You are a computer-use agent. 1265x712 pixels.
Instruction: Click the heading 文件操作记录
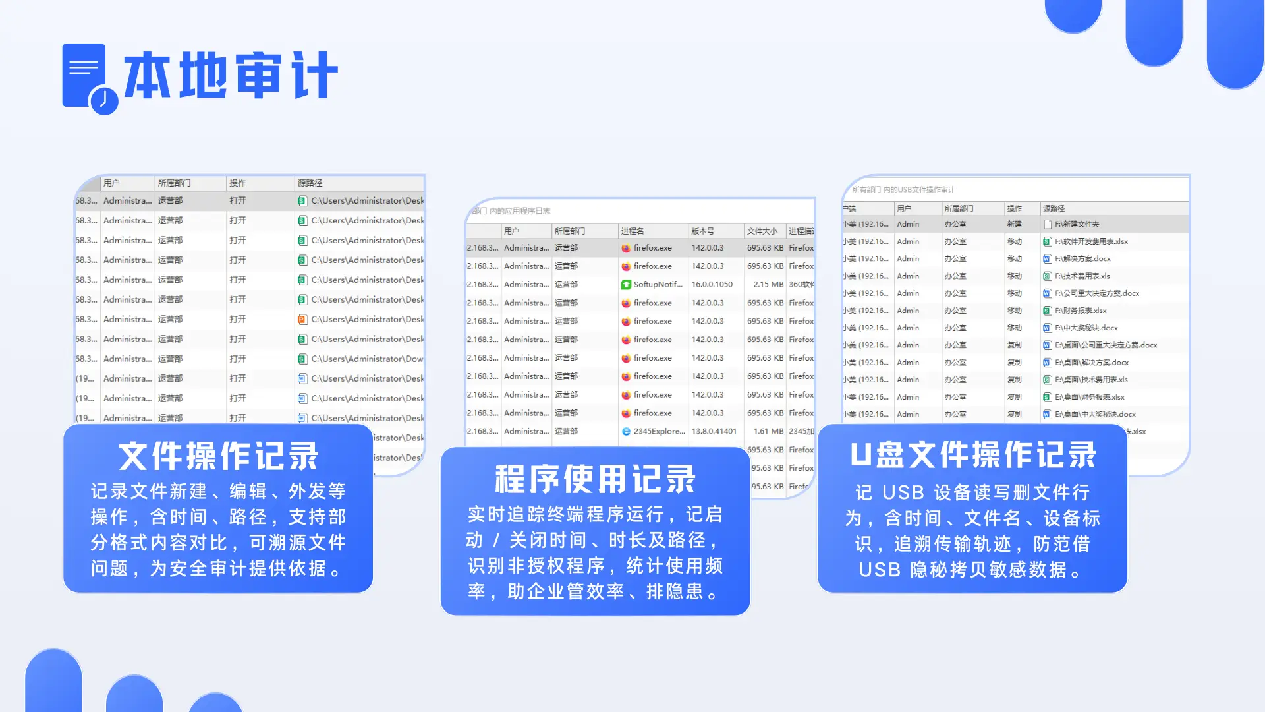(x=218, y=456)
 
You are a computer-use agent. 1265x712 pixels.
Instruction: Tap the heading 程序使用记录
(x=595, y=479)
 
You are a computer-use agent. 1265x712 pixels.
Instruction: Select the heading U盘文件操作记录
(x=972, y=455)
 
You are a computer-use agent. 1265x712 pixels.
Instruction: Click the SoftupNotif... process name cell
(x=657, y=285)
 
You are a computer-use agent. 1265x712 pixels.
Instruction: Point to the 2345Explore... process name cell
(x=658, y=431)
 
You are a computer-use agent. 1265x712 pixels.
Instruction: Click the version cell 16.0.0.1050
(x=712, y=285)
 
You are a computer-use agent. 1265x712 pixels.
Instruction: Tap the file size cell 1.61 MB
(x=768, y=431)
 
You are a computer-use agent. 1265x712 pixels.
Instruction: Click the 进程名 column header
(x=632, y=231)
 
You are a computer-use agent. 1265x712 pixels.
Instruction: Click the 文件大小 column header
(x=762, y=231)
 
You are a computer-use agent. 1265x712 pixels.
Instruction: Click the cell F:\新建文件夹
(x=1077, y=224)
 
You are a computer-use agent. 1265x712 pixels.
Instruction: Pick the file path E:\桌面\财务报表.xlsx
(x=1089, y=397)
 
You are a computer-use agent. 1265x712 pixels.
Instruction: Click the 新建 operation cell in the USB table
(x=1014, y=224)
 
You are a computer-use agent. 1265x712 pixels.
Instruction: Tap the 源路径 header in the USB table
(x=1054, y=208)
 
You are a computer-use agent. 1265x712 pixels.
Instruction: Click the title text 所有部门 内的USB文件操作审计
(x=903, y=190)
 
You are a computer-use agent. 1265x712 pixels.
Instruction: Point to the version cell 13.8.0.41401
(x=714, y=431)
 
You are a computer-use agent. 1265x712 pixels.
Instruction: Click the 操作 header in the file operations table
(x=238, y=183)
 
